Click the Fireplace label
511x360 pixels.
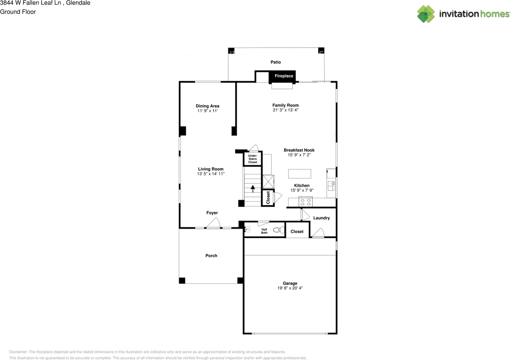(284, 76)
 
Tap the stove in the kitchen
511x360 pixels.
(305, 202)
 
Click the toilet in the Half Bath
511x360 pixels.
(279, 230)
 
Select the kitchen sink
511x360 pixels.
(331, 186)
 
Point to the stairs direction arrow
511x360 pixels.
(253, 189)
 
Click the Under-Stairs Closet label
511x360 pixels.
(253, 159)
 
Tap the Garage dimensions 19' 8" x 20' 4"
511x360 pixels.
(290, 288)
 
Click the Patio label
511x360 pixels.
(275, 62)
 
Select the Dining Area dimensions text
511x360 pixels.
(208, 111)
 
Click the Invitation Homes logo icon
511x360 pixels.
(426, 14)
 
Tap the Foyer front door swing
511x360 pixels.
(213, 223)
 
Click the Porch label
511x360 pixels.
(211, 256)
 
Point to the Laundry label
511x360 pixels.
(321, 218)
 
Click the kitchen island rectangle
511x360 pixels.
(299, 174)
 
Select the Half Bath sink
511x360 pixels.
(247, 229)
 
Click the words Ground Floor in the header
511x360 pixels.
(18, 12)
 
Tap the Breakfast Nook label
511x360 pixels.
(299, 150)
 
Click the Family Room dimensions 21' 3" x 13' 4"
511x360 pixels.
(285, 110)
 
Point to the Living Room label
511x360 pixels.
(210, 169)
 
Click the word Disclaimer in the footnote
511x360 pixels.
(18, 352)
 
